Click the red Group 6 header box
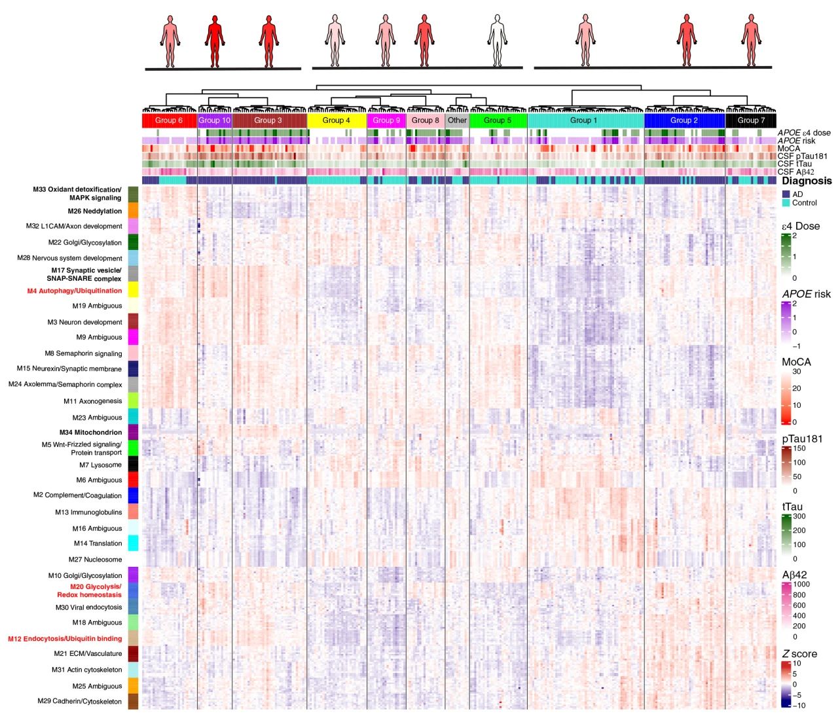[x=169, y=120]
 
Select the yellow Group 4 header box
[x=337, y=120]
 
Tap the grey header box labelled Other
[x=457, y=120]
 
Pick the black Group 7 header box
[x=751, y=120]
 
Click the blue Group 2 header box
[x=684, y=120]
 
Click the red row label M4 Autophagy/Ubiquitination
[x=74, y=291]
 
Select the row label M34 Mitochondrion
[x=90, y=432]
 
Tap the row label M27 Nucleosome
[x=95, y=560]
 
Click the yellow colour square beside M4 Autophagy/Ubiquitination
[x=133, y=289]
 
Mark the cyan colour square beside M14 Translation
[x=133, y=543]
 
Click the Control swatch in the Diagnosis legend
[x=786, y=203]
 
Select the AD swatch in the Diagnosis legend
[x=786, y=194]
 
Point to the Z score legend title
[x=799, y=654]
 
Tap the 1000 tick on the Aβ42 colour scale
[x=801, y=585]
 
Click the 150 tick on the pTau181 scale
[x=799, y=448]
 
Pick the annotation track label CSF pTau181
[x=802, y=156]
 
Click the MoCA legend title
[x=796, y=362]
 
